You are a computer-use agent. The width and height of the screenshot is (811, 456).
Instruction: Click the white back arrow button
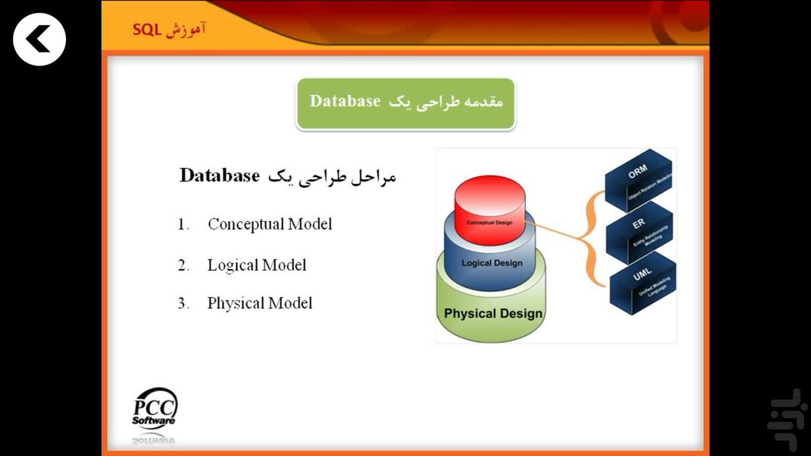pos(40,40)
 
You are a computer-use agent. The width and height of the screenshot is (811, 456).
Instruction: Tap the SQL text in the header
pos(147,30)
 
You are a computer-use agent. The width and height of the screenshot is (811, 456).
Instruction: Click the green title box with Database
pos(406,103)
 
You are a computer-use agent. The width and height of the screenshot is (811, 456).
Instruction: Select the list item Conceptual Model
pos(269,224)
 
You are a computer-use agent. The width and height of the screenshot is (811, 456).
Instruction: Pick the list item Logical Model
pos(256,265)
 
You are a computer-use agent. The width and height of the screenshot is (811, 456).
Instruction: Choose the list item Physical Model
pos(259,303)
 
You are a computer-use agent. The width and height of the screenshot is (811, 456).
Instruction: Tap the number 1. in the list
pos(183,225)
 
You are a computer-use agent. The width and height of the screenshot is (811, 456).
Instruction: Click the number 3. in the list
pos(183,304)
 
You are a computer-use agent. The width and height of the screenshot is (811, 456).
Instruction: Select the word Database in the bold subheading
pos(220,176)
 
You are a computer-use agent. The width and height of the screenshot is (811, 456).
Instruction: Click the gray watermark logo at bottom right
pos(786,419)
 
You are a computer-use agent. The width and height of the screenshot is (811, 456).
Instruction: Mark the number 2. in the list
pos(183,266)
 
